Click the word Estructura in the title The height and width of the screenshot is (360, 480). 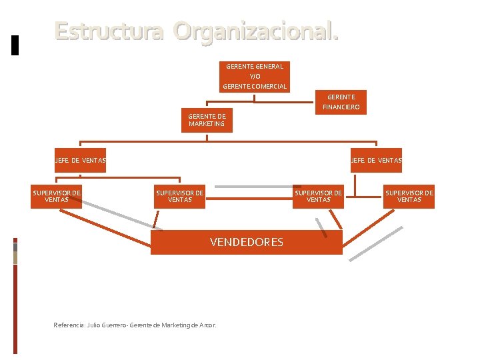[x=109, y=31]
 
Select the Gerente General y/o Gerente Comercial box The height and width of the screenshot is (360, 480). [x=255, y=76]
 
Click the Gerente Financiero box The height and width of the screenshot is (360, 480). [x=341, y=102]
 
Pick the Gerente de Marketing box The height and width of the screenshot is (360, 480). [x=207, y=120]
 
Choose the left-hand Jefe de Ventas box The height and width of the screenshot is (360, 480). [x=80, y=160]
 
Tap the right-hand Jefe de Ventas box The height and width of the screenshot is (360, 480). [x=376, y=160]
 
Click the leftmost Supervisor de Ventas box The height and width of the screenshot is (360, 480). [x=57, y=196]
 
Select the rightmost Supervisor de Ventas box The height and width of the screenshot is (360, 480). [x=409, y=196]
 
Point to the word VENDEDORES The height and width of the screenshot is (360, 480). [x=247, y=242]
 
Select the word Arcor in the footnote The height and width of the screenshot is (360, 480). [x=207, y=325]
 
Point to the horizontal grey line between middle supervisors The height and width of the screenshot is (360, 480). [x=250, y=187]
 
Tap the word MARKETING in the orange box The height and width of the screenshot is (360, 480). [x=207, y=124]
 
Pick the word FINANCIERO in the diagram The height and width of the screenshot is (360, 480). [x=341, y=107]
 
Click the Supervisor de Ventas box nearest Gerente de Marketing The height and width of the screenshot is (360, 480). [x=180, y=196]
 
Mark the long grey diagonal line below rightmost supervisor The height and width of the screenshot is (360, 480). [x=377, y=243]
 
